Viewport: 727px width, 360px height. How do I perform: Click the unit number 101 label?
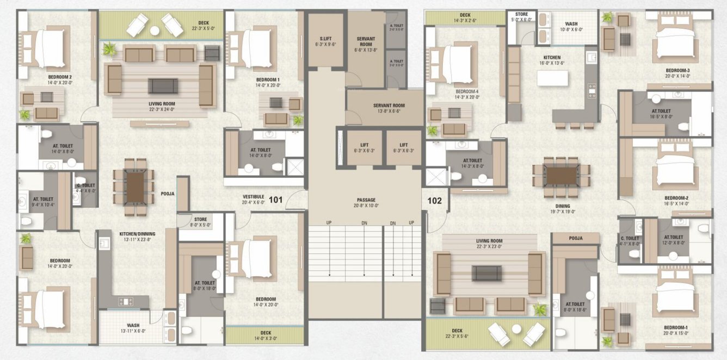click(276, 200)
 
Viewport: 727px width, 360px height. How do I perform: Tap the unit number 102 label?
click(434, 200)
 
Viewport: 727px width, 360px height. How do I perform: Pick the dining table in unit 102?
click(562, 176)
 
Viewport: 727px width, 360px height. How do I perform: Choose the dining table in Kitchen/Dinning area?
click(134, 187)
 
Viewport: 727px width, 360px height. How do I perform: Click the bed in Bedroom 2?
click(49, 47)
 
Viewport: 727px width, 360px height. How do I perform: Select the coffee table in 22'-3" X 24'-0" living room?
click(163, 85)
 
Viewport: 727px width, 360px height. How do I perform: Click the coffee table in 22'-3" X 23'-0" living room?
click(486, 272)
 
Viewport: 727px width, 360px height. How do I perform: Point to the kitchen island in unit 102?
click(552, 78)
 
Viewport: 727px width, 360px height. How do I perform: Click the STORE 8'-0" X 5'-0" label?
click(201, 222)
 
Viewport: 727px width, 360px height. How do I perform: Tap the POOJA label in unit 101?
click(168, 193)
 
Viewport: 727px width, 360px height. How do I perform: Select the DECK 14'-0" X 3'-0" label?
click(266, 335)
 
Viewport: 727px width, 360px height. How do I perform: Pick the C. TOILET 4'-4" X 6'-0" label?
click(85, 188)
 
